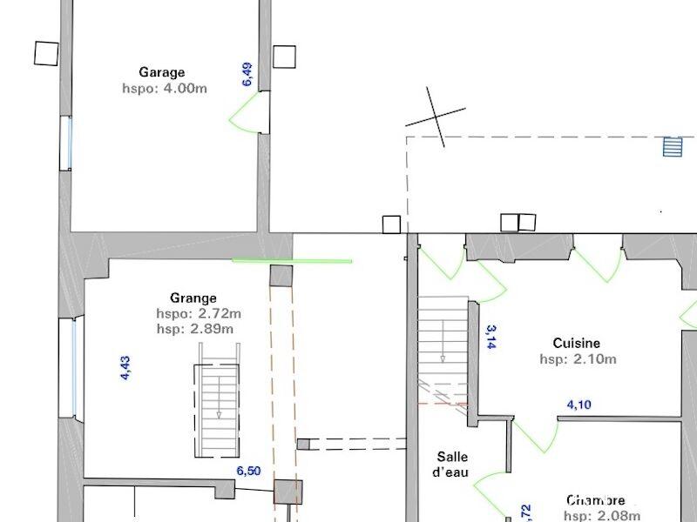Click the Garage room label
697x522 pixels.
161,73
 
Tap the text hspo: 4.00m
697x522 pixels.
165,88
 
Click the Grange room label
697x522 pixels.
193,298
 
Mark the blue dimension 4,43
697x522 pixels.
125,368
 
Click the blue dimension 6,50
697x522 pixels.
248,471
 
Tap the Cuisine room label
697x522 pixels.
576,344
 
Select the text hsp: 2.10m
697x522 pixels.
578,358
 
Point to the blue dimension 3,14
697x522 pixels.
491,337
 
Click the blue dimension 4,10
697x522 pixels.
579,405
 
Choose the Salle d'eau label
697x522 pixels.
452,464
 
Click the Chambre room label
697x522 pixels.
596,501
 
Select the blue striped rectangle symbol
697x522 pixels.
672,146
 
